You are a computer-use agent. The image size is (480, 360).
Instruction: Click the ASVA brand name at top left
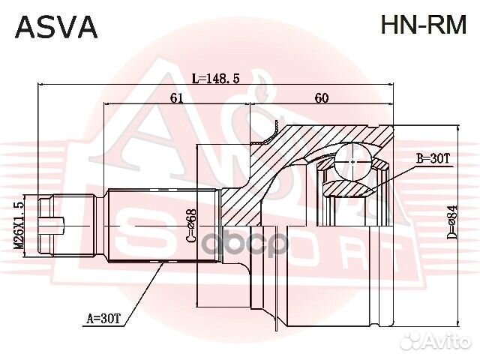pos(57,26)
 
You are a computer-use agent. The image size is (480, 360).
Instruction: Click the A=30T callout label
pos(103,319)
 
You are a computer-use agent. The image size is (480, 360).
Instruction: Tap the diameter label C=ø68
pos(190,225)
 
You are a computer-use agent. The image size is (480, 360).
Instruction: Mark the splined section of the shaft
pos(161,224)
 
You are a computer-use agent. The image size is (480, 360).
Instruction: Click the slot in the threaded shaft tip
pos(54,224)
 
